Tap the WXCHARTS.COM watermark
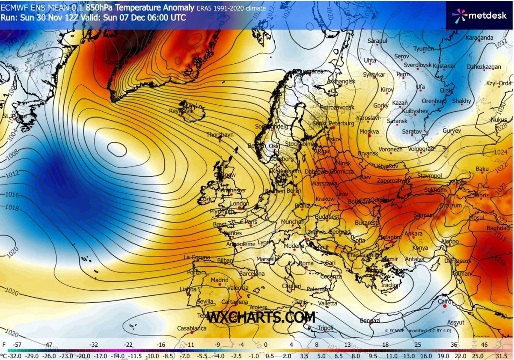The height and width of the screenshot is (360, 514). coord(261,317)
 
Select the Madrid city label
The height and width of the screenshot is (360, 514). coord(220,280)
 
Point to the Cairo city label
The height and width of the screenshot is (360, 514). coord(446,301)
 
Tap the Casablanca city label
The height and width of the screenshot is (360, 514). coord(192,328)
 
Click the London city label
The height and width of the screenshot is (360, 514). coord(240,204)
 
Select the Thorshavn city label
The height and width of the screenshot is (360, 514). coord(220,134)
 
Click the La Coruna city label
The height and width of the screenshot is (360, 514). coord(197,257)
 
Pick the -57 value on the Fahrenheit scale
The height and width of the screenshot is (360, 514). coord(18,344)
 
